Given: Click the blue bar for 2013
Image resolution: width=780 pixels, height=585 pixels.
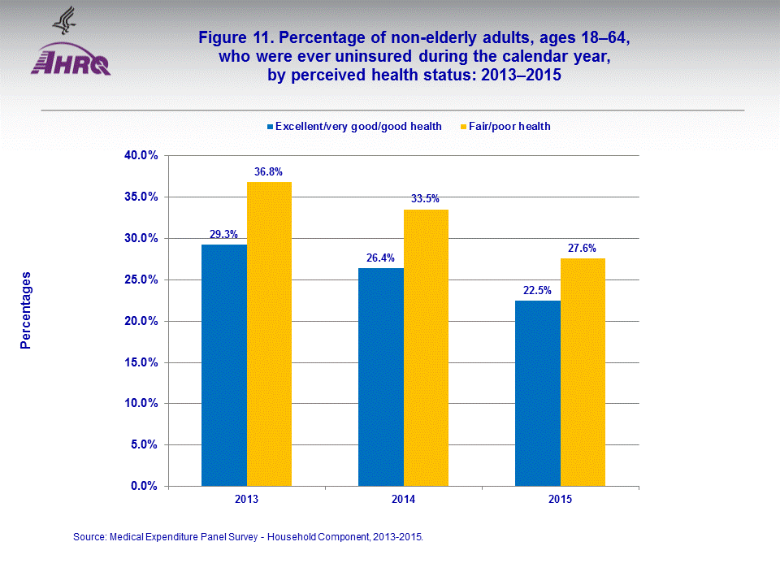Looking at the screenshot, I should pos(224,365).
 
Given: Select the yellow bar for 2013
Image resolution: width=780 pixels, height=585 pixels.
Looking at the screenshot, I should pos(269,334).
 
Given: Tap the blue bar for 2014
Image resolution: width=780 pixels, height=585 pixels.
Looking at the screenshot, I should pos(381,377).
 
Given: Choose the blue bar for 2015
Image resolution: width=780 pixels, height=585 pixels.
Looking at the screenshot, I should pos(538,393).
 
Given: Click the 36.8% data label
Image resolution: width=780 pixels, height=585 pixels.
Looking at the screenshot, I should pos(269,171).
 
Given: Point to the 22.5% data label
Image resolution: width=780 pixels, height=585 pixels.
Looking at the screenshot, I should pos(538,290).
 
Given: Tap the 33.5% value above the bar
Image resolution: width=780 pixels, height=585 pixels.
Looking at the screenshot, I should pos(426,199).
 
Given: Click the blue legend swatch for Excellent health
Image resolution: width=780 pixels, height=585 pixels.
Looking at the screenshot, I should pos(270,127).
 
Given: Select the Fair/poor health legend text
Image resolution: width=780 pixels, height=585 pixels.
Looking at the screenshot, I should pos(509,126).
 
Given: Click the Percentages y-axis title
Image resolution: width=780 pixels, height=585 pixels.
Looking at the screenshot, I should pos(26,310).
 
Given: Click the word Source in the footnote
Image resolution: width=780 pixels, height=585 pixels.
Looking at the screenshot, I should pos(89,537).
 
